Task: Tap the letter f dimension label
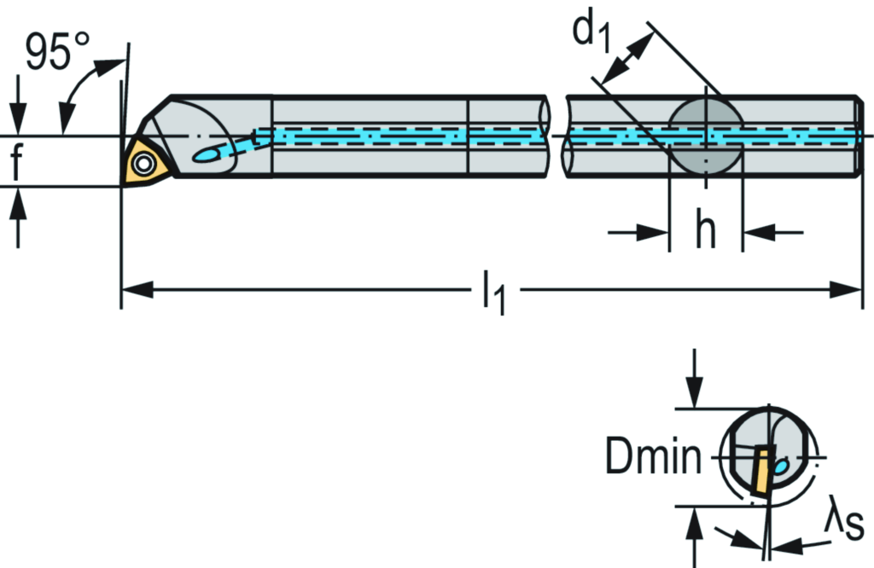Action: point(16,162)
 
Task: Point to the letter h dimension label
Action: point(705,230)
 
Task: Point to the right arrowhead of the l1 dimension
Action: point(846,291)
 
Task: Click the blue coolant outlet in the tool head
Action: point(208,154)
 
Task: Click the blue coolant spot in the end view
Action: point(780,467)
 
